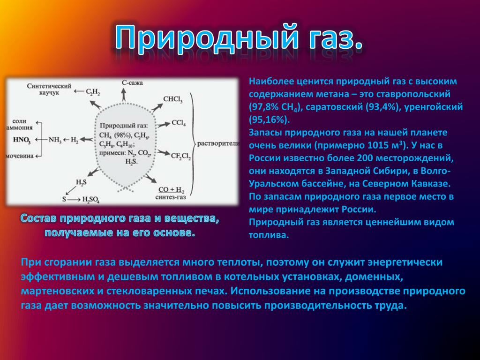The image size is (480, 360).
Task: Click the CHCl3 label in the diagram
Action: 172,99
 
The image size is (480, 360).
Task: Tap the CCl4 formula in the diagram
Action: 179,123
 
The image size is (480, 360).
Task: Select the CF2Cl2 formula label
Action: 180,157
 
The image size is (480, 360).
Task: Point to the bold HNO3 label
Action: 22,140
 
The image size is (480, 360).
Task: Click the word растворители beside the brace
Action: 218,143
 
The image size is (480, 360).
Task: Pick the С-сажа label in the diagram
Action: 132,82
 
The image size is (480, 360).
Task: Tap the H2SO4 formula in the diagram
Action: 90,200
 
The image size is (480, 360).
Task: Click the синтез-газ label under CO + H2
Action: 171,197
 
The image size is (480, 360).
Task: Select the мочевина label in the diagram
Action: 20,156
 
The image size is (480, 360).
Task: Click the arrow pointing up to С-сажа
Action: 124,95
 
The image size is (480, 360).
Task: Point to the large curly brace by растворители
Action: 193,143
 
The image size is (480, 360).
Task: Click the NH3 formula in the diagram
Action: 55,140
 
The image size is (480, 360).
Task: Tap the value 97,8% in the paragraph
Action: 265,107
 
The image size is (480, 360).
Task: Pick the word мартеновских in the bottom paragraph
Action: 57,291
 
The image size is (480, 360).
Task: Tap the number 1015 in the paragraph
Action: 377,145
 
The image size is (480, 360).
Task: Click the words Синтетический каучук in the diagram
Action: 49,89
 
